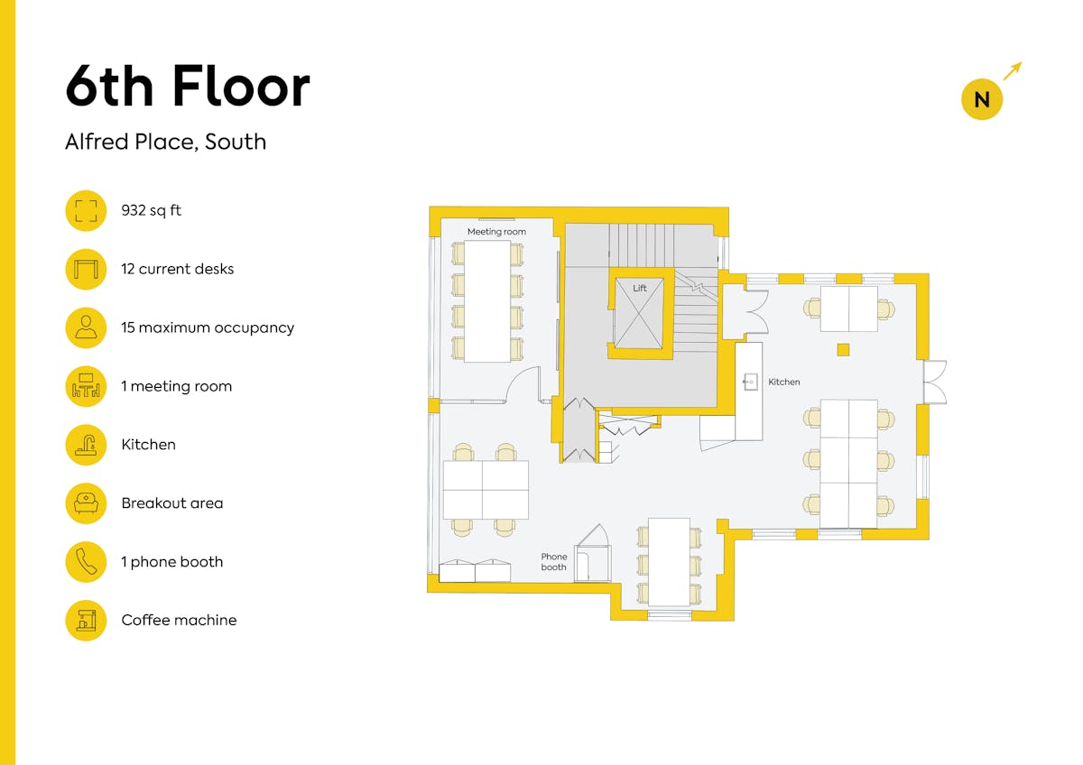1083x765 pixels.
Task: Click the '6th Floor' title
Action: point(188,86)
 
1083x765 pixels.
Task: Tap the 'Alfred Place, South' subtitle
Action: point(166,142)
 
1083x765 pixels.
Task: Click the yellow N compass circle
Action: point(982,99)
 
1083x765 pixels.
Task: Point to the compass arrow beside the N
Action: point(1013,70)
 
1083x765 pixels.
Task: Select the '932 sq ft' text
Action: point(151,210)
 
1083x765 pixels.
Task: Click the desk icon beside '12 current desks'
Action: point(86,269)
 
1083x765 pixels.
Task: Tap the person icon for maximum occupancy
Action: point(86,327)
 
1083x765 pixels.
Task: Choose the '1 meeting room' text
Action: point(177,386)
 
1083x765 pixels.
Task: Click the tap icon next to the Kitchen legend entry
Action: point(86,445)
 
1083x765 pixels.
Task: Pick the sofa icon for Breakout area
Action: point(86,503)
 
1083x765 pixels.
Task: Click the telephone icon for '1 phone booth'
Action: point(86,561)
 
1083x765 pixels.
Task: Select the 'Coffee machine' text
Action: point(179,620)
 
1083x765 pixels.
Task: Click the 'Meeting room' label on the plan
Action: point(496,232)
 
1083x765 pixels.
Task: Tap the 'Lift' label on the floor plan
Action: point(640,288)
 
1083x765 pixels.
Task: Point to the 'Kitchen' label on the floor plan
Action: point(783,382)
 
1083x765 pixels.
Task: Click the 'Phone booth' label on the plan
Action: point(553,561)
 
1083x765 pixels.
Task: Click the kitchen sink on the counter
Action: point(750,382)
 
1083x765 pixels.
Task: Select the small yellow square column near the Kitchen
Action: point(843,350)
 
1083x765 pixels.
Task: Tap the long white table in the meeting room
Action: point(487,301)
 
